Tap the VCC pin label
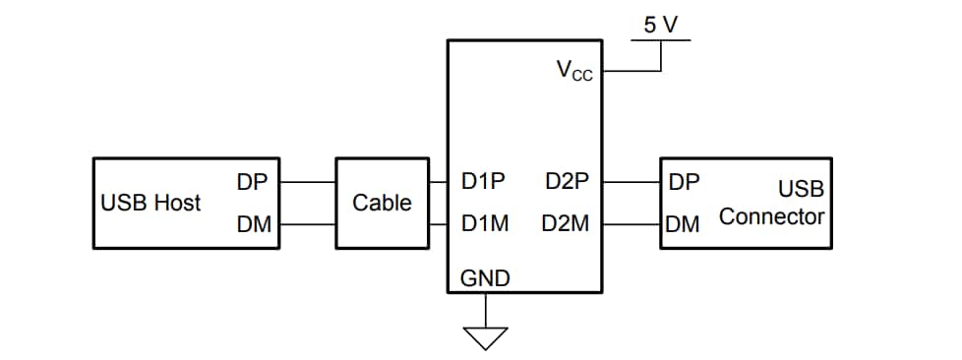tap(574, 71)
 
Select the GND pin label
tap(485, 279)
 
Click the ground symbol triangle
tap(486, 337)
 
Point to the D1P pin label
tap(483, 182)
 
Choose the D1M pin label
tap(484, 224)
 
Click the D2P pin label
tap(567, 182)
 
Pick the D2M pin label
tap(566, 224)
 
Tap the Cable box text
tap(382, 203)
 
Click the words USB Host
tap(150, 203)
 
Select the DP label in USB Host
tap(252, 182)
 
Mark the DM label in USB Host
tap(253, 224)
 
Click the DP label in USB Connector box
tap(684, 182)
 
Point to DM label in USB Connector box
tap(683, 224)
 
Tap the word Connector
tap(771, 216)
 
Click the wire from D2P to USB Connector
tap(631, 182)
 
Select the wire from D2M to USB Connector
tap(631, 224)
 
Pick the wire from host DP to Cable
tap(308, 182)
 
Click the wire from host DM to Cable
tap(308, 224)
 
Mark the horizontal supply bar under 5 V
tap(661, 40)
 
